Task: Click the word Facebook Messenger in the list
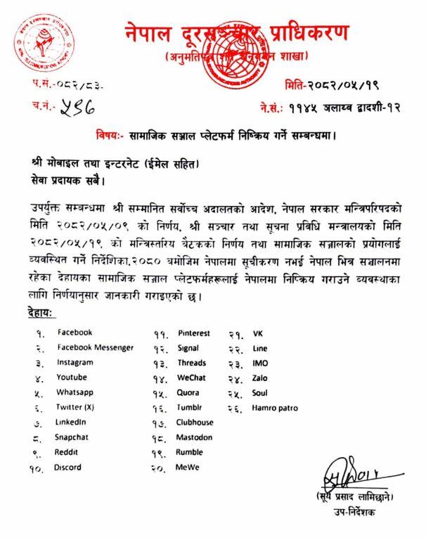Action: [95, 347]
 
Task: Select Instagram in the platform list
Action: [75, 363]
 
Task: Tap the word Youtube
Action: [72, 378]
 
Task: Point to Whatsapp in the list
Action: [75, 392]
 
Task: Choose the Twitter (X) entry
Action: [76, 407]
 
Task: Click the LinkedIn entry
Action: [71, 422]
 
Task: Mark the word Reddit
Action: [66, 451]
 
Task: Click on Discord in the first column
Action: [67, 467]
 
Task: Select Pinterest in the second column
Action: [193, 333]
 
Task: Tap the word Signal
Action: [188, 347]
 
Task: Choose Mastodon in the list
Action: [194, 437]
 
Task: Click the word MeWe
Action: [187, 467]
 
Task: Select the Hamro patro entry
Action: [275, 407]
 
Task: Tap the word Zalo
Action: [260, 378]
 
